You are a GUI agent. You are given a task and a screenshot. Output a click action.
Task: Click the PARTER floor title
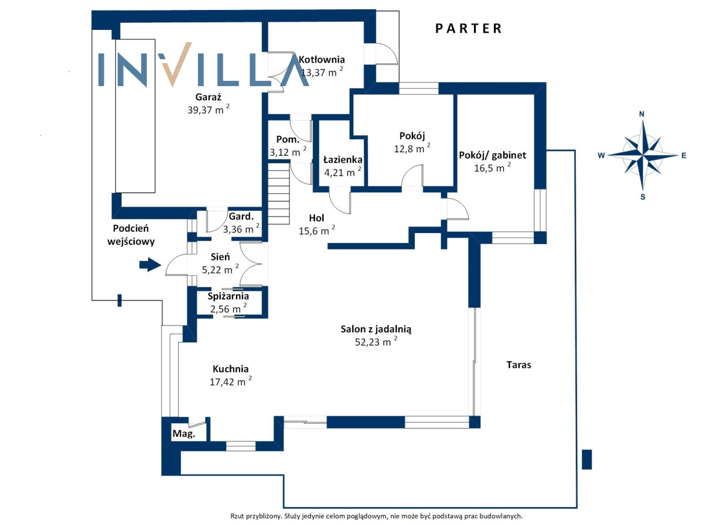tap(469, 28)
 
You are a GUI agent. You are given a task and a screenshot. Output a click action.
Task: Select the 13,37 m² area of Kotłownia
tap(321, 73)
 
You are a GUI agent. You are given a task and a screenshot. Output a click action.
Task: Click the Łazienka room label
tap(343, 160)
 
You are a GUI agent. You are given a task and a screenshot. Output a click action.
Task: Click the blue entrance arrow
tap(150, 265)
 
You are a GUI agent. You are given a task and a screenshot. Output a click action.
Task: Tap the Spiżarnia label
tap(228, 296)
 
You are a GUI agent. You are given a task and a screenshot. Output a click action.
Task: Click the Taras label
tap(518, 365)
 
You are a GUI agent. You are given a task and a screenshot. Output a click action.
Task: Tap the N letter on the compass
tap(642, 114)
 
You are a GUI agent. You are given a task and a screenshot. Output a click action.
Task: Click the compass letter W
tap(601, 156)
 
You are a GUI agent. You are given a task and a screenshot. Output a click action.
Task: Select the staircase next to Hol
tap(279, 193)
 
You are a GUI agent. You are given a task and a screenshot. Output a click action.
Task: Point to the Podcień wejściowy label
tap(134, 234)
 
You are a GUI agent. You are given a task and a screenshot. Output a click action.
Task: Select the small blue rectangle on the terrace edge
tap(587, 459)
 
